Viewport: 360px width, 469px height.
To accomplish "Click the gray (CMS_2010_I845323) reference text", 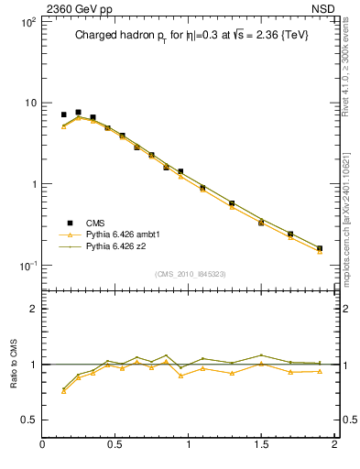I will click(x=190, y=274).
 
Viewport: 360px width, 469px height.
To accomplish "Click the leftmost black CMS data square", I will click(x=63, y=115).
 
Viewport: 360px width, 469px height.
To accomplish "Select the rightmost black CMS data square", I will click(x=320, y=247).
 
